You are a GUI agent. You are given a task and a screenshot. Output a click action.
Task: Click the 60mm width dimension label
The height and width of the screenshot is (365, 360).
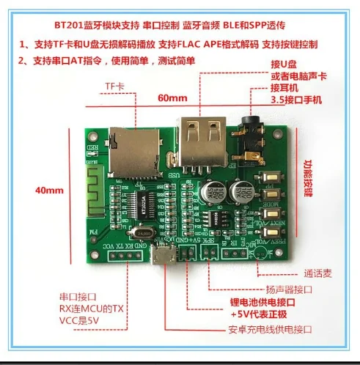[172, 98]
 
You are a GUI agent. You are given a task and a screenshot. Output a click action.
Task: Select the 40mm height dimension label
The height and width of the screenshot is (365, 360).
[49, 191]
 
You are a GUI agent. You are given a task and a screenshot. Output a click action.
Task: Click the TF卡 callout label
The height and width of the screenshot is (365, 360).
[114, 87]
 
